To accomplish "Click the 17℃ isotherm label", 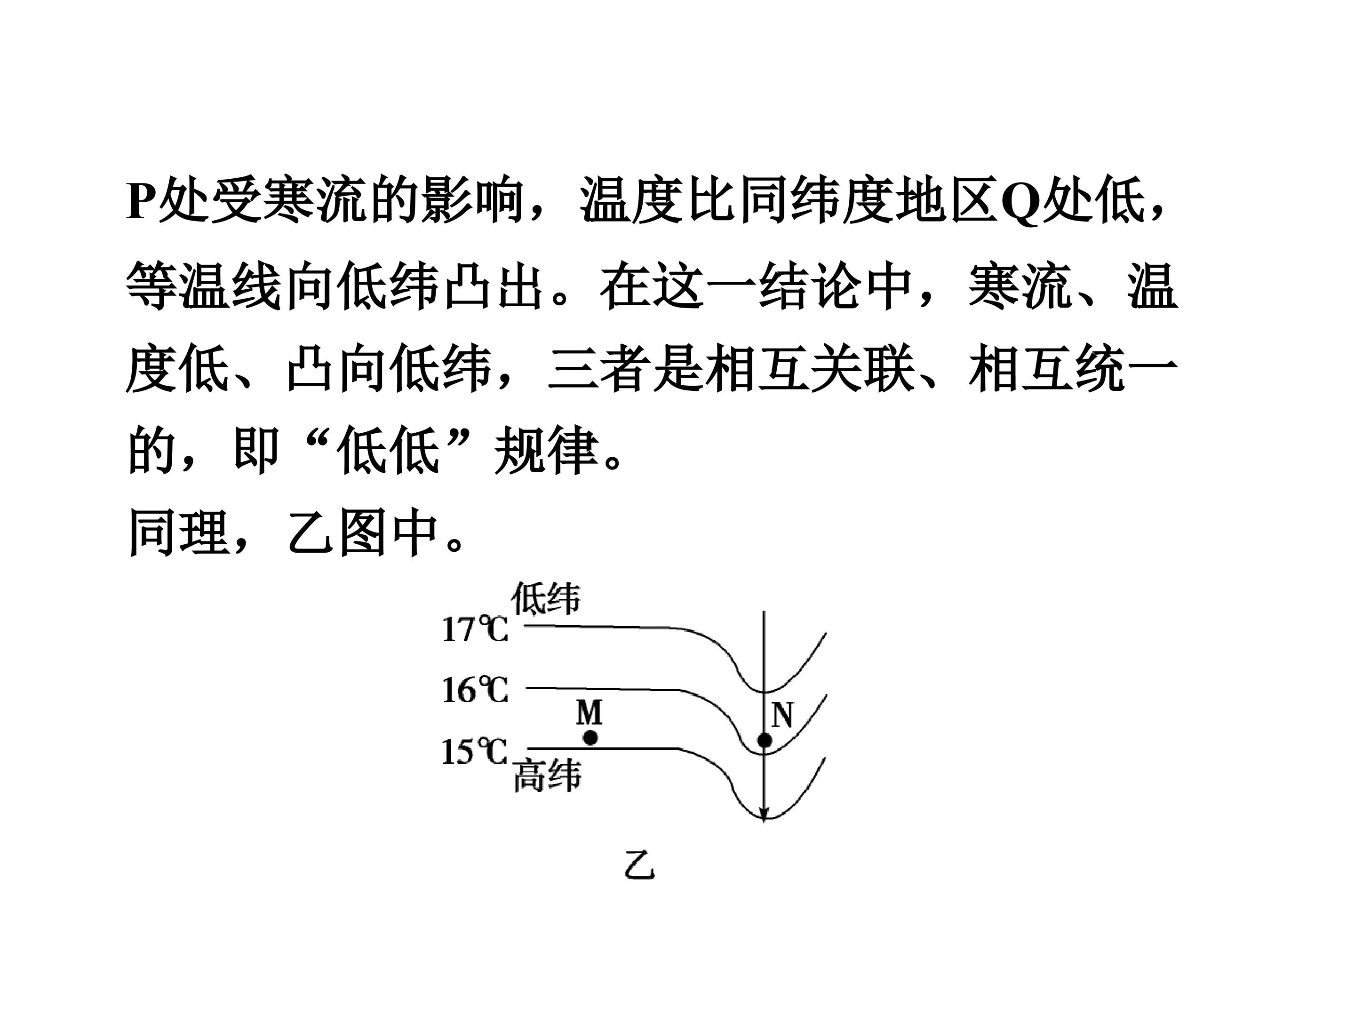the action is click(475, 629).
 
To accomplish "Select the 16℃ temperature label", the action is click(475, 690).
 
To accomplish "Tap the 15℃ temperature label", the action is click(475, 752).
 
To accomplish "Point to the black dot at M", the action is click(590, 738).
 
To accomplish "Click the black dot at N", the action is click(765, 740).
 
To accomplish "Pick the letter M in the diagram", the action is click(590, 712).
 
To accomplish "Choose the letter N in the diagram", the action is click(782, 714).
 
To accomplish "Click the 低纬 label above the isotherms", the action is click(546, 598).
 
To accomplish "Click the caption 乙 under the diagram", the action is click(639, 864).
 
